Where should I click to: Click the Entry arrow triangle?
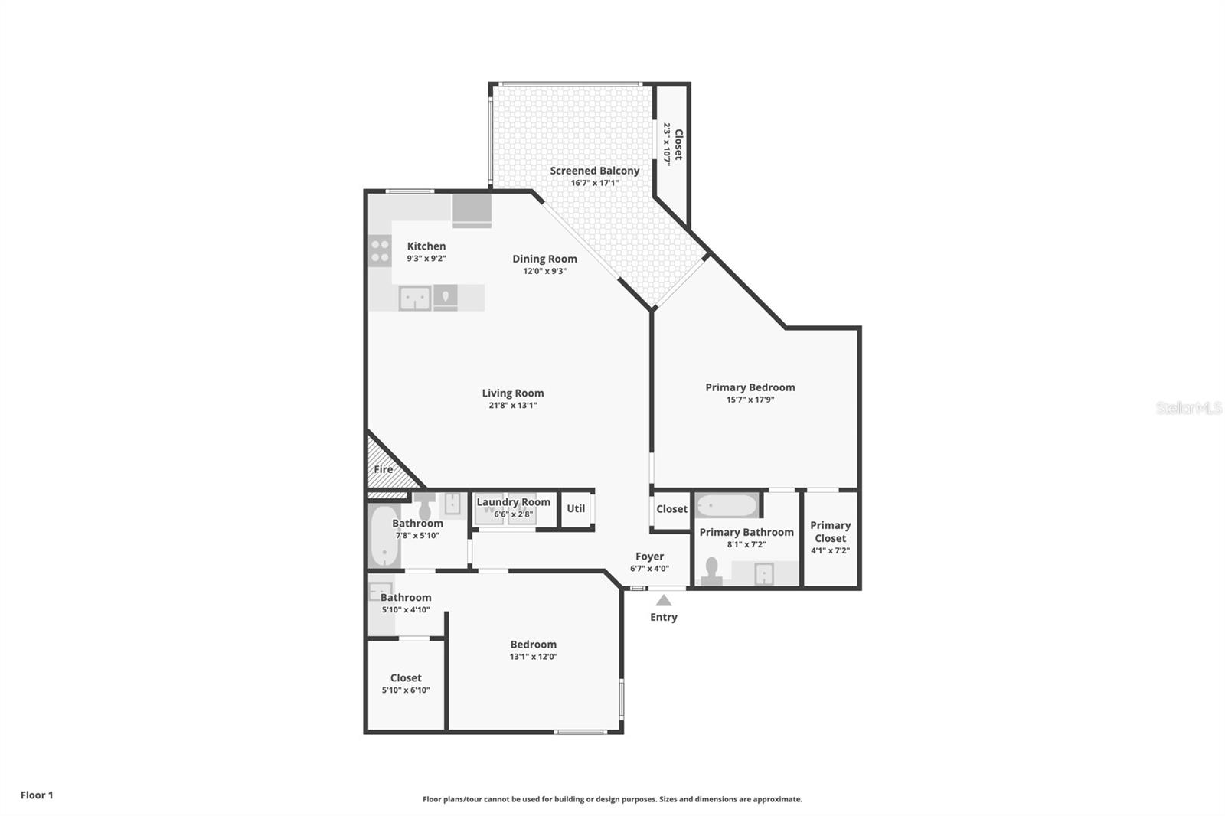point(663,600)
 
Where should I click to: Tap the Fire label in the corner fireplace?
point(384,469)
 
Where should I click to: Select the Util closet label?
point(576,508)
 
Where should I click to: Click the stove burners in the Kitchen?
point(380,251)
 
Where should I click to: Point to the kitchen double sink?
point(414,299)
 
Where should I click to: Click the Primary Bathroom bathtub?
point(727,505)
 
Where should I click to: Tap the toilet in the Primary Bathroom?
point(711,571)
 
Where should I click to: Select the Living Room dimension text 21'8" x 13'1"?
point(513,405)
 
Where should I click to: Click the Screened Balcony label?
point(594,171)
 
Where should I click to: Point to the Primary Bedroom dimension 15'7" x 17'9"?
point(750,400)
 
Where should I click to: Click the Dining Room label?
point(544,259)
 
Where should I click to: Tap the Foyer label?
point(650,557)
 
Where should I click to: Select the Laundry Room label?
point(514,502)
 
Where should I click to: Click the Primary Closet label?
point(830,531)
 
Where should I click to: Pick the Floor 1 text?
point(38,795)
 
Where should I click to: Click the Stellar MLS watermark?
point(1189,407)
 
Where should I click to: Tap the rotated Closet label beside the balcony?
point(678,145)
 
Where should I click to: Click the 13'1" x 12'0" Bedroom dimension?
point(534,657)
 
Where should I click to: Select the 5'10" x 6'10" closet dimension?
point(406,690)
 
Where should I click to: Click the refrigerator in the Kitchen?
point(472,211)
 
